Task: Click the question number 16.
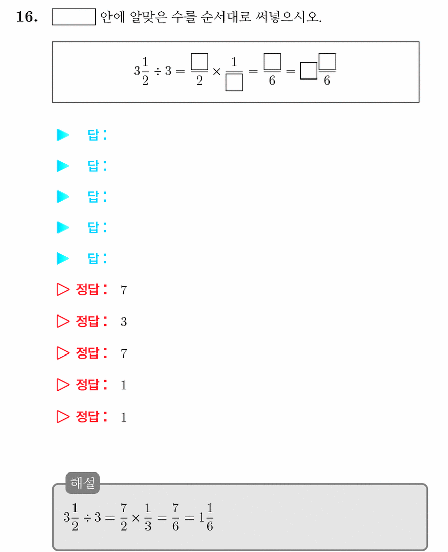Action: [27, 17]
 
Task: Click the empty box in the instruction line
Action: [73, 17]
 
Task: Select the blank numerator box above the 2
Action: [199, 62]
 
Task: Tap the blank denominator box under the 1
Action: [234, 83]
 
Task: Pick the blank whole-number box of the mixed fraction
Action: [309, 71]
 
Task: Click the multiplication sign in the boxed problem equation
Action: [216, 72]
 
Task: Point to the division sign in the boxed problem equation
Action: [158, 72]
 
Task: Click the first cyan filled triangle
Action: [63, 135]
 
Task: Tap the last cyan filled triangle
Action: [63, 258]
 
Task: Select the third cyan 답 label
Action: [97, 196]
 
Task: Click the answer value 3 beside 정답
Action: [123, 322]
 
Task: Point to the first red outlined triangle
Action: [63, 289]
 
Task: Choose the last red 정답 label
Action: [92, 416]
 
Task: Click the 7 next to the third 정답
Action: [123, 353]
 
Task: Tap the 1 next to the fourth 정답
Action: [123, 385]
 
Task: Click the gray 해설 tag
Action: [83, 483]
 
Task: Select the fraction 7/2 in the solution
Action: [124, 517]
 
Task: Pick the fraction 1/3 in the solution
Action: [148, 517]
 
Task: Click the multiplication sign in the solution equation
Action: [136, 518]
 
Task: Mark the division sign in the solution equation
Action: [87, 518]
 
